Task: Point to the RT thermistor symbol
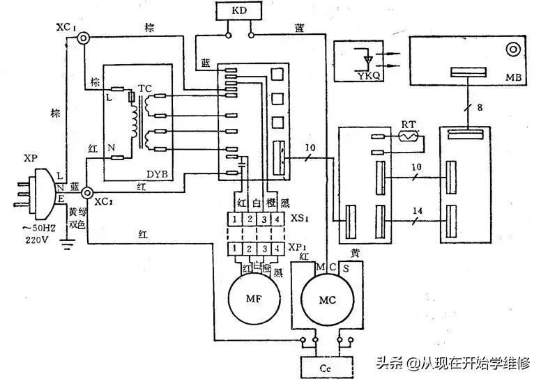click(408, 137)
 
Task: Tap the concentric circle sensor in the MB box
click(515, 51)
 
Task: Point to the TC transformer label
click(144, 88)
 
